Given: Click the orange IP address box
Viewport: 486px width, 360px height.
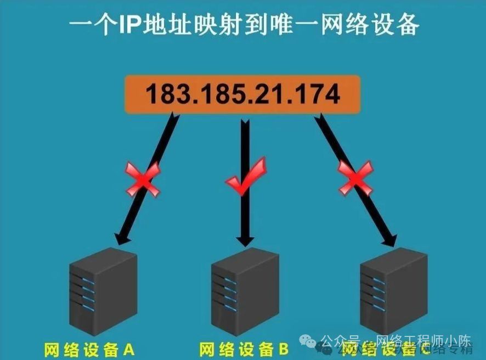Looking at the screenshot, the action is pos(242,95).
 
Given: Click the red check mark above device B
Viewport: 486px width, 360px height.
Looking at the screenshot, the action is pos(246,177).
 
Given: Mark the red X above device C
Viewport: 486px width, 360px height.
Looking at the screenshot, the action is pos(355,178).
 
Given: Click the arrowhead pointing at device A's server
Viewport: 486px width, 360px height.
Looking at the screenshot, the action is pos(119,238).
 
